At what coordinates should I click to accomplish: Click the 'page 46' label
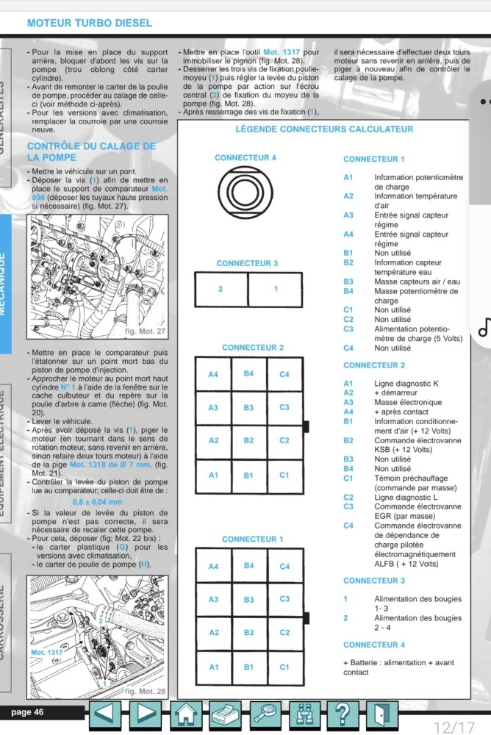(x=28, y=711)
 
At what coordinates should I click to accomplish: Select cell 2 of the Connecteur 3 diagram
(x=221, y=289)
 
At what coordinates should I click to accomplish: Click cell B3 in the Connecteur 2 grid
(x=249, y=407)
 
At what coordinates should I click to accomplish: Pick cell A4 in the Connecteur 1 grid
(x=213, y=566)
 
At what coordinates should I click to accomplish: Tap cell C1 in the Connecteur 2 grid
(x=284, y=474)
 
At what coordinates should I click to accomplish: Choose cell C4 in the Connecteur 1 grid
(x=284, y=566)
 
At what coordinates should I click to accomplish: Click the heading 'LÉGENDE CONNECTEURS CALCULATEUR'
(x=324, y=129)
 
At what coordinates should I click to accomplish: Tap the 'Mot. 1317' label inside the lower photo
(x=47, y=652)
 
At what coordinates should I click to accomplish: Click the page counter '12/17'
(x=454, y=728)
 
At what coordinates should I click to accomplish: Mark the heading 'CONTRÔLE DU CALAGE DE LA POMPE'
(x=91, y=151)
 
